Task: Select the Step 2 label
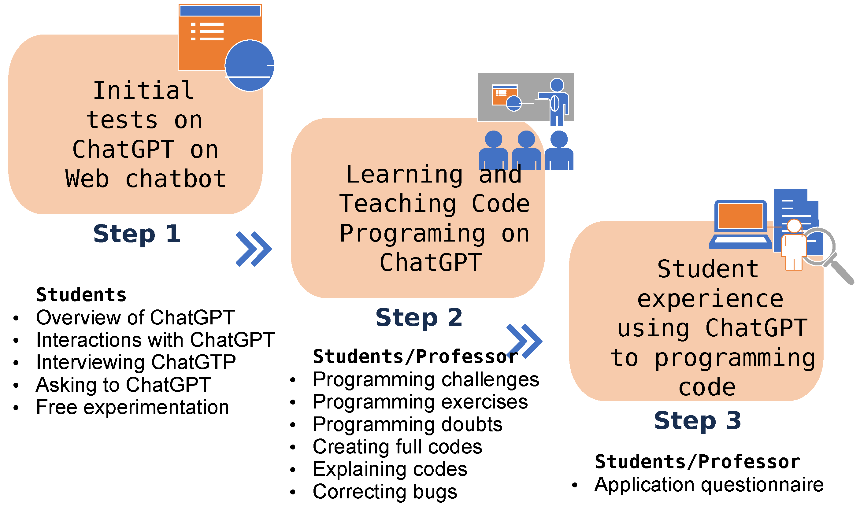point(419,318)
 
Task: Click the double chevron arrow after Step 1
point(254,249)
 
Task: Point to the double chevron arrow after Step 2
point(525,341)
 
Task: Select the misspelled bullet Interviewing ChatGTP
point(136,362)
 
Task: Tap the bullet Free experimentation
point(133,407)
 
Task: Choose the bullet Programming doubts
point(408,425)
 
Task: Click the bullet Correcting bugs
point(385,492)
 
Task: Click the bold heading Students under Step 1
point(81,295)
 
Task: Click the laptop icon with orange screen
point(741,224)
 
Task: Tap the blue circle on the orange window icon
point(250,66)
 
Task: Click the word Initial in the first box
point(144,91)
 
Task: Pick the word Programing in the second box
point(413,234)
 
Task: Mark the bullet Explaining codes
point(390,469)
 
